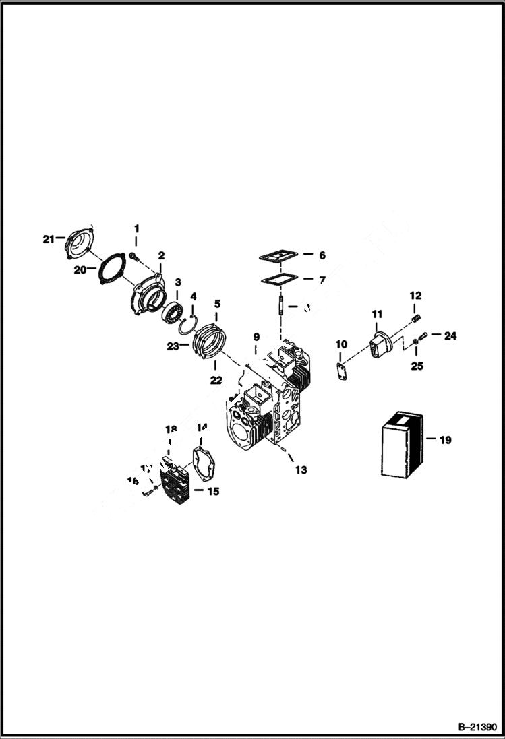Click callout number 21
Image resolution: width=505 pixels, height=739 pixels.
click(47, 239)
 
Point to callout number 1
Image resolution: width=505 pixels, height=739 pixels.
click(136, 229)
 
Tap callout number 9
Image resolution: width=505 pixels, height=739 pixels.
click(256, 336)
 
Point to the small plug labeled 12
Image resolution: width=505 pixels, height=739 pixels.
click(416, 315)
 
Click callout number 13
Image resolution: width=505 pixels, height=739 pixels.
click(301, 470)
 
